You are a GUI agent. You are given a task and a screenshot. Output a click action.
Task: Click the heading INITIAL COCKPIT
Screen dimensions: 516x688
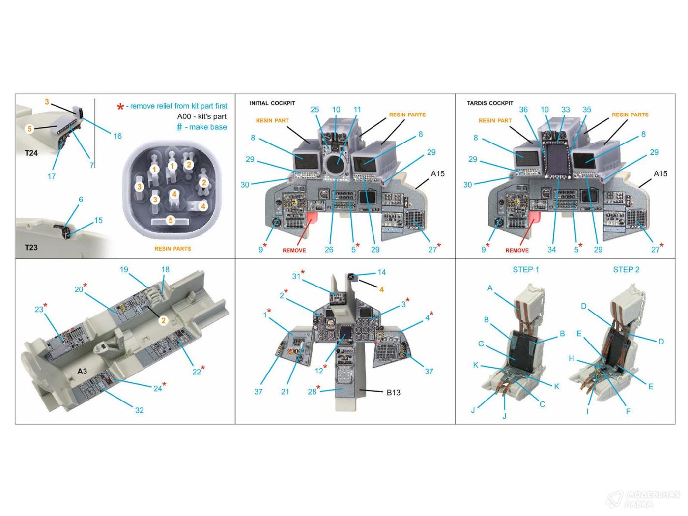pyautogui.click(x=272, y=103)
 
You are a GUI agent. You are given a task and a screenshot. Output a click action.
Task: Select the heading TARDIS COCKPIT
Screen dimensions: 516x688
pyautogui.click(x=490, y=103)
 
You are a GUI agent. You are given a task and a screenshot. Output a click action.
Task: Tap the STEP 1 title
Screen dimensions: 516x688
pyautogui.click(x=525, y=269)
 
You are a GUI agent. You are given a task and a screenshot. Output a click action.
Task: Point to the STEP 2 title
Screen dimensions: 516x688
pyautogui.click(x=626, y=269)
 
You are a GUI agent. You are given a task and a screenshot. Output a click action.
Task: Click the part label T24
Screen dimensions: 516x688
pyautogui.click(x=31, y=153)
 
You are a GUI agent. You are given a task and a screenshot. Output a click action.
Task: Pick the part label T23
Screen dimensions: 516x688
pyautogui.click(x=31, y=247)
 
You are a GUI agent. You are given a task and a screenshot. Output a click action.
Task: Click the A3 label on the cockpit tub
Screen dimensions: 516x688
pyautogui.click(x=82, y=371)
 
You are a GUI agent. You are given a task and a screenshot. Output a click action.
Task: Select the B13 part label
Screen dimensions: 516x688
pyautogui.click(x=393, y=392)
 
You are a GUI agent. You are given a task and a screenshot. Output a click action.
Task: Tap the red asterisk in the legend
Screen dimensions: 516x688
pyautogui.click(x=120, y=107)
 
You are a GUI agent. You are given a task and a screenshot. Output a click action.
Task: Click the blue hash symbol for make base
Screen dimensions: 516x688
pyautogui.click(x=179, y=127)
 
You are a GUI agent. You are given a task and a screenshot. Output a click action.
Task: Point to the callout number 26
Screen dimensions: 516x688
pyautogui.click(x=329, y=250)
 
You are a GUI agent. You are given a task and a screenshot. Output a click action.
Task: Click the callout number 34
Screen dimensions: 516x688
pyautogui.click(x=552, y=250)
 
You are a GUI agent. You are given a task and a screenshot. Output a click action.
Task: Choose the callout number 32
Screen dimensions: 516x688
pyautogui.click(x=139, y=410)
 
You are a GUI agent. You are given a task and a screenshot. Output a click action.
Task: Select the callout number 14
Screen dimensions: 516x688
pyautogui.click(x=381, y=272)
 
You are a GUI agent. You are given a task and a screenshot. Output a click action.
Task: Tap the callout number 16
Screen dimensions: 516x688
pyautogui.click(x=117, y=136)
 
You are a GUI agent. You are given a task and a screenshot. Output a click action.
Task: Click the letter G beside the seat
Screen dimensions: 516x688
pyautogui.click(x=481, y=344)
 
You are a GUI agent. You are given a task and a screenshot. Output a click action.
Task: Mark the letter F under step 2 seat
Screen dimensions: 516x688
pyautogui.click(x=628, y=411)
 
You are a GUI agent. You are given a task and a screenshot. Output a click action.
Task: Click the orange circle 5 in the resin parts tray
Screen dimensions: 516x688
pyautogui.click(x=171, y=220)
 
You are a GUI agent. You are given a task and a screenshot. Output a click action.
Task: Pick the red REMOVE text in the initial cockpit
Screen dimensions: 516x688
pyautogui.click(x=294, y=250)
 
